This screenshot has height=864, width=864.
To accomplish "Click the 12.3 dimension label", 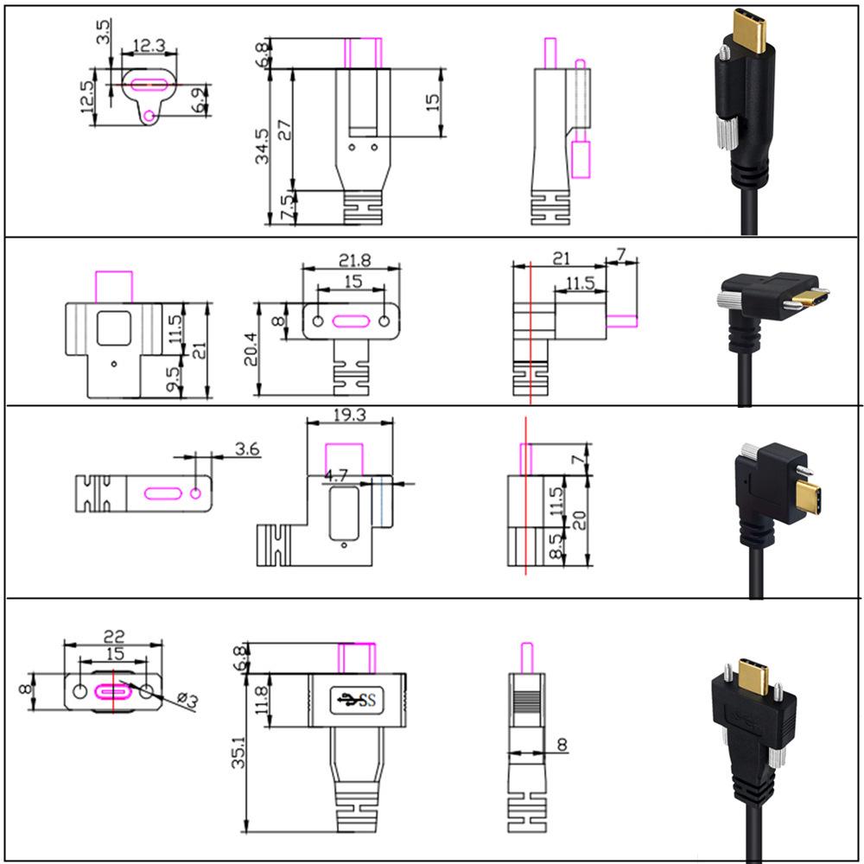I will [148, 43].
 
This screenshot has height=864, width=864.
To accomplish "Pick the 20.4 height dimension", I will [251, 350].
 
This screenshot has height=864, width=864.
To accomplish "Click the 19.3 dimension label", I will [350, 416].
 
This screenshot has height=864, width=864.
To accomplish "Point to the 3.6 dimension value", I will [246, 449].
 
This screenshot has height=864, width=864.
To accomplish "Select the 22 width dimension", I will [113, 635].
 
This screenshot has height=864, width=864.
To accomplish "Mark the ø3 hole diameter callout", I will [187, 700].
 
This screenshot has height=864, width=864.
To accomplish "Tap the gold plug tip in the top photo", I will [748, 30].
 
